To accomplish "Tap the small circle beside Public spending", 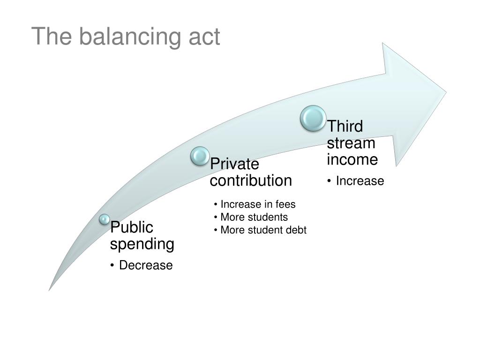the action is click(x=104, y=219).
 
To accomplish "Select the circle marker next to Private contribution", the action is click(x=200, y=156).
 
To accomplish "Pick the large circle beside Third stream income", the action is click(x=313, y=118).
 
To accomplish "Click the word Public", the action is click(x=132, y=228).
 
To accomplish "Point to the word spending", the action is click(x=142, y=244).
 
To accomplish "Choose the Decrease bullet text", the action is click(x=146, y=265).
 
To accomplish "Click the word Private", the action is click(x=234, y=165).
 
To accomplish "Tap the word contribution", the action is click(x=251, y=180).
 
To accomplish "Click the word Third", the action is click(x=345, y=127).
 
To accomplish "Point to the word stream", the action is click(x=351, y=143).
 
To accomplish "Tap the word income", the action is click(x=352, y=159).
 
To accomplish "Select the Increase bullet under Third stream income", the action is click(x=360, y=181).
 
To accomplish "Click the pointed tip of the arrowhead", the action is click(x=445, y=91).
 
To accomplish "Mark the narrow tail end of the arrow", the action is click(x=50, y=289).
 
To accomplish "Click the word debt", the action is click(x=296, y=230).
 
